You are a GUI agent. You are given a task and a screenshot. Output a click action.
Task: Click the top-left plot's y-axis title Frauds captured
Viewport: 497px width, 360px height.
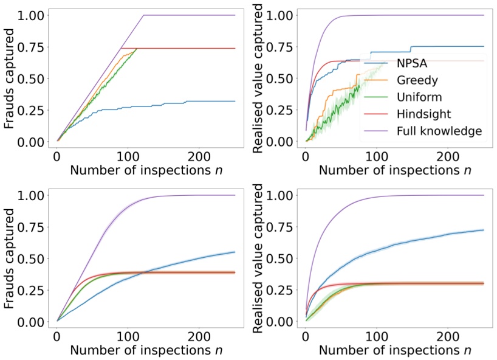(10, 76)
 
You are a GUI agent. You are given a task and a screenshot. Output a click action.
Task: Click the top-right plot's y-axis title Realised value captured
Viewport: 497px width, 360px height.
(258, 76)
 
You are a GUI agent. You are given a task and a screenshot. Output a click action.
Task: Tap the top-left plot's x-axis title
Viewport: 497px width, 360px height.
(146, 170)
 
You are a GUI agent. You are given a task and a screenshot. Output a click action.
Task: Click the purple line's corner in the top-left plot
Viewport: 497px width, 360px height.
(143, 15)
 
